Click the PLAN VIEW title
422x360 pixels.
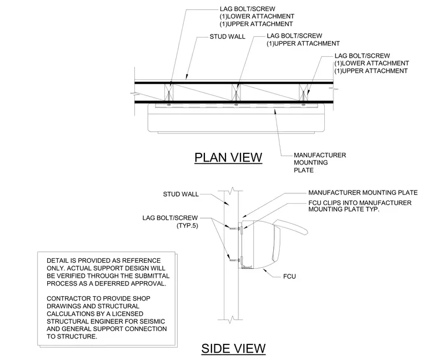click(x=228, y=158)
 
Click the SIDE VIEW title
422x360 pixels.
click(x=233, y=348)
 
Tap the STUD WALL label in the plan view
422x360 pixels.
click(x=228, y=37)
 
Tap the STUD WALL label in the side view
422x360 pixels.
click(x=181, y=194)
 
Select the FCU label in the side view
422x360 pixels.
click(x=289, y=277)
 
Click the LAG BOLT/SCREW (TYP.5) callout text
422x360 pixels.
click(x=170, y=222)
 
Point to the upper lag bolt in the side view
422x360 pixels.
click(x=235, y=228)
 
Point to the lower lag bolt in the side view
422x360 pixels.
click(x=235, y=261)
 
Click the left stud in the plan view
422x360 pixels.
click(x=169, y=92)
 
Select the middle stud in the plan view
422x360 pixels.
click(x=236, y=92)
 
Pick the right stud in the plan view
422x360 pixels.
click(x=303, y=92)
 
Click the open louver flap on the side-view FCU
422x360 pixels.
click(x=290, y=226)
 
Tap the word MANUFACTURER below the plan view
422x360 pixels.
click(x=320, y=155)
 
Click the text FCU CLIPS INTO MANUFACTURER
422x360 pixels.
click(x=360, y=203)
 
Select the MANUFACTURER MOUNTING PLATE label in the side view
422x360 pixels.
click(x=363, y=193)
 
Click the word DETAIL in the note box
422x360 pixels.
click(x=58, y=261)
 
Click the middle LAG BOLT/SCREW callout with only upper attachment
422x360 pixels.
click(x=303, y=39)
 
